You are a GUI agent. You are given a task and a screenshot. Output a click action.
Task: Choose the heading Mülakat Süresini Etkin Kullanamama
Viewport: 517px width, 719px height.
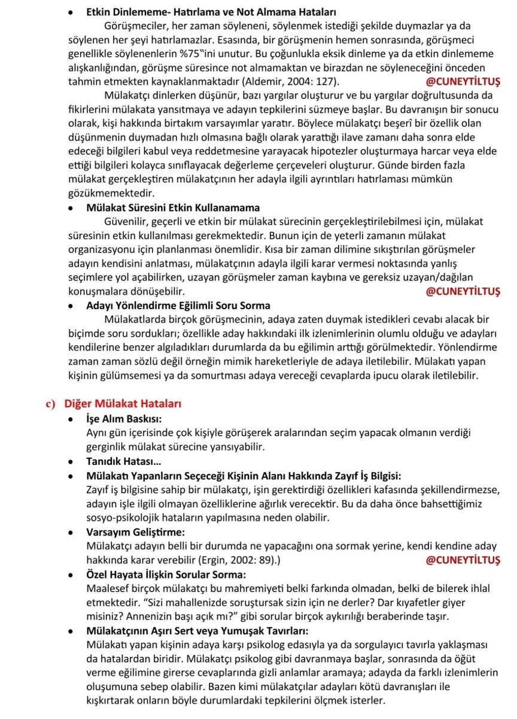[174, 207]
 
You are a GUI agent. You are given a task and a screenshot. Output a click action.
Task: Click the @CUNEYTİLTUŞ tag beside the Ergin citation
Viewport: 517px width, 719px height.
[463, 560]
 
